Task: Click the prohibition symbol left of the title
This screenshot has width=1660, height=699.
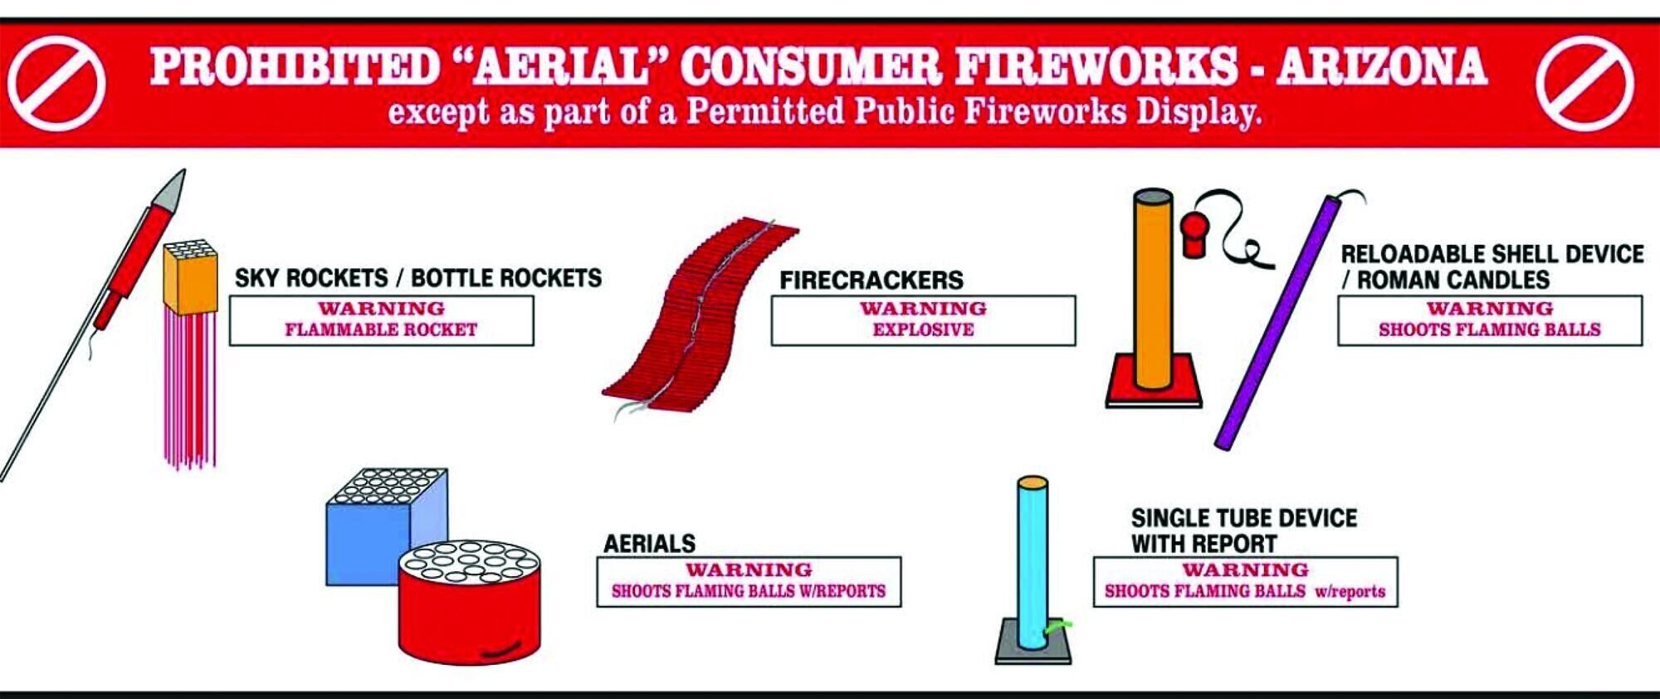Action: click(x=56, y=84)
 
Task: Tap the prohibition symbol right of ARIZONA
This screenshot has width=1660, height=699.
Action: click(x=1584, y=84)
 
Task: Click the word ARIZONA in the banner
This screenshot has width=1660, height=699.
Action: click(x=1381, y=66)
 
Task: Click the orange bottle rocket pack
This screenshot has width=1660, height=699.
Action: click(x=190, y=278)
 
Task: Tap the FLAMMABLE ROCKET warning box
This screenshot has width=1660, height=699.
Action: click(x=381, y=320)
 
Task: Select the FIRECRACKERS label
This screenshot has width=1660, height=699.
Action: click(x=871, y=280)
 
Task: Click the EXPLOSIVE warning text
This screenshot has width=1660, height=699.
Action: click(x=923, y=330)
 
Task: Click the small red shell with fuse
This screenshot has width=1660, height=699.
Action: click(x=1194, y=236)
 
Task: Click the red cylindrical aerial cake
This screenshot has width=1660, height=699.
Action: click(x=469, y=606)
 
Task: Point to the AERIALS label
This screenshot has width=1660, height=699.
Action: click(x=649, y=544)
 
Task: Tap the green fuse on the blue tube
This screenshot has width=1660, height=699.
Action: click(x=1059, y=626)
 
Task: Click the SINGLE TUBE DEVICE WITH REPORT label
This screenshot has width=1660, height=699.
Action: click(x=1243, y=531)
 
